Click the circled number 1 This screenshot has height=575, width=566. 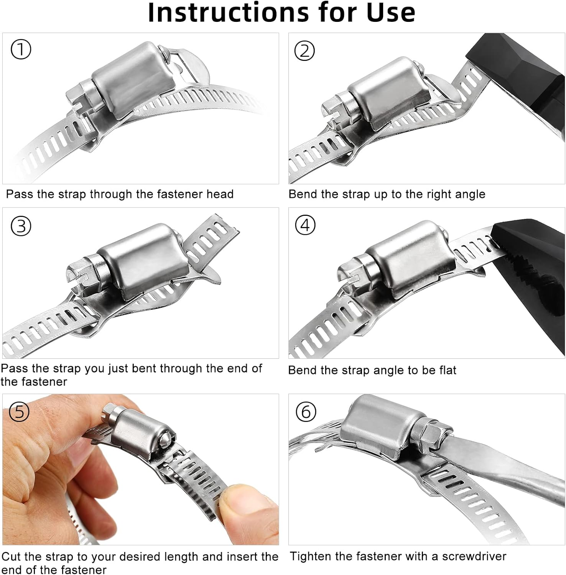tap(21, 50)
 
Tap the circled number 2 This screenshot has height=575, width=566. tap(304, 51)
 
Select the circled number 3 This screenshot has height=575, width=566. tap(21, 226)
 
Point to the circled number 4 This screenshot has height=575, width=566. tap(305, 225)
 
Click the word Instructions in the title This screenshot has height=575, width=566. tap(228, 12)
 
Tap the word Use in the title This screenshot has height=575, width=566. tap(391, 12)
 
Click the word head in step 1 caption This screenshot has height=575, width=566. tap(220, 194)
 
